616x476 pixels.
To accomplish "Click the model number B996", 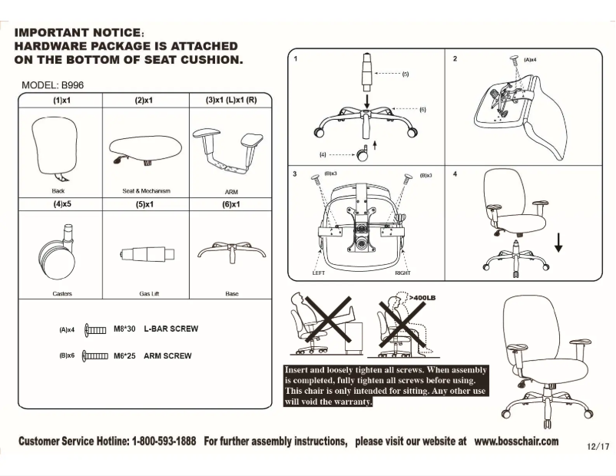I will click(x=71, y=85).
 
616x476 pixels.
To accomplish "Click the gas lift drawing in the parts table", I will click(x=144, y=255).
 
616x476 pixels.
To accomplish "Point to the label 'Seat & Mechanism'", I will click(x=146, y=190).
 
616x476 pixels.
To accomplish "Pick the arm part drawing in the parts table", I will click(x=227, y=150).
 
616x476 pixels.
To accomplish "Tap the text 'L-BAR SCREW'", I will click(x=171, y=329).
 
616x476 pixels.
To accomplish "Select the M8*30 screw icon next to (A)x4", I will click(x=94, y=329).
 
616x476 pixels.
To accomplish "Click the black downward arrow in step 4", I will click(x=558, y=243).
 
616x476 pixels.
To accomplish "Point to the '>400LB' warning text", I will click(x=422, y=296).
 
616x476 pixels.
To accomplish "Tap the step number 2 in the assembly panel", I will click(x=455, y=58).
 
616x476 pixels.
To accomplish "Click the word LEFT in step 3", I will click(x=320, y=273).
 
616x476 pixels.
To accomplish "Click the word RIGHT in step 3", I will click(x=402, y=273).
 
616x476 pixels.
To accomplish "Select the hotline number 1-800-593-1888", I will click(x=164, y=441).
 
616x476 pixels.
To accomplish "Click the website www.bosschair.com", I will click(x=516, y=441).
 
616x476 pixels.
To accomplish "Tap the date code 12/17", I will click(x=597, y=446).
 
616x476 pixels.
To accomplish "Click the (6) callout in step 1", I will click(x=422, y=110).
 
